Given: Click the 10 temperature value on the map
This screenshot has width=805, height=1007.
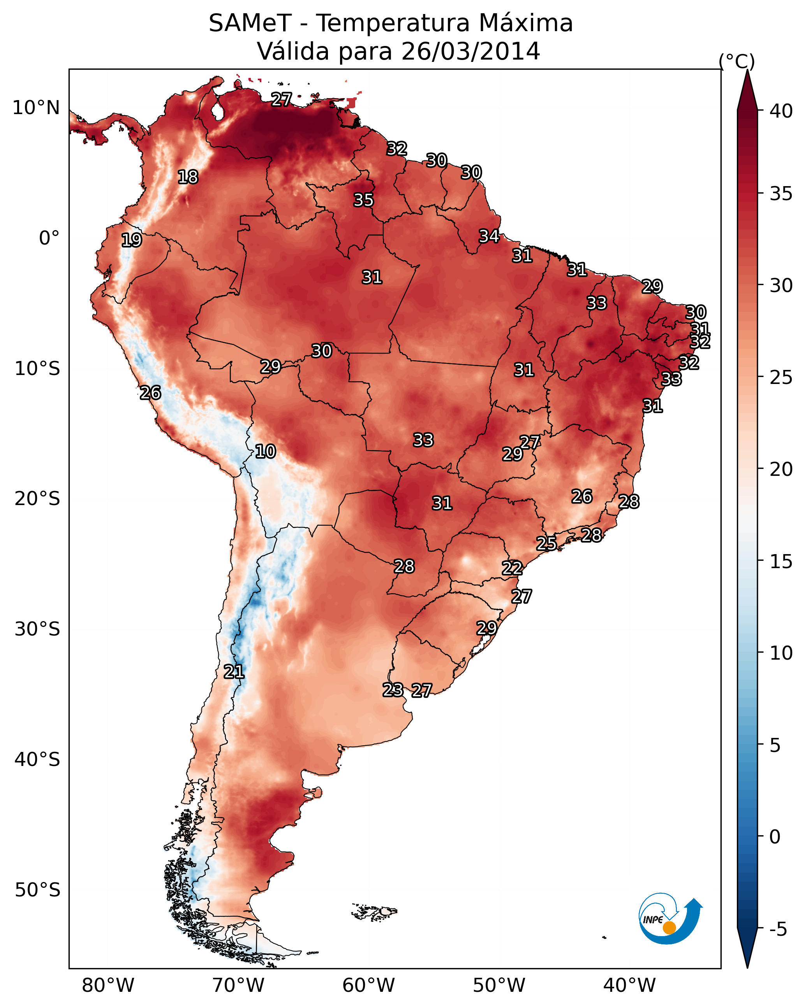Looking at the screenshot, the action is [x=265, y=451].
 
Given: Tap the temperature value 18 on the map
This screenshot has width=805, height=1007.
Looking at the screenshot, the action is [x=188, y=177].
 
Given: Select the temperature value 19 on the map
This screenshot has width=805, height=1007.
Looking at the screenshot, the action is [x=131, y=240].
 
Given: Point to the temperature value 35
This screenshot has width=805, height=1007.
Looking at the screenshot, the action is [x=363, y=200].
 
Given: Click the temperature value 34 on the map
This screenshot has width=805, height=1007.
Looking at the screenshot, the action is [x=489, y=236].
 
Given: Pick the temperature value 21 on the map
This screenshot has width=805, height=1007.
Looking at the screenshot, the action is [x=234, y=672].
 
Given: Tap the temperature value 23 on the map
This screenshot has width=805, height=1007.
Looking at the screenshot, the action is [x=393, y=689].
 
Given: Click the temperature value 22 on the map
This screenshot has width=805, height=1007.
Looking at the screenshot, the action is [x=512, y=568].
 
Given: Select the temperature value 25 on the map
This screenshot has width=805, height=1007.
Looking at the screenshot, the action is [x=546, y=543].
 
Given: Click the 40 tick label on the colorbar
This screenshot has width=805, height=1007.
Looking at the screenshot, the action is [x=781, y=111].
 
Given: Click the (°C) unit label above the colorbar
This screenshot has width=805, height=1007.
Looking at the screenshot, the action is [x=737, y=61].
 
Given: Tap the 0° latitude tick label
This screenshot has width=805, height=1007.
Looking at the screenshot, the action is [x=49, y=238].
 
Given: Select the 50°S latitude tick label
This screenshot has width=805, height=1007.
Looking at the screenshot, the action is [x=37, y=890].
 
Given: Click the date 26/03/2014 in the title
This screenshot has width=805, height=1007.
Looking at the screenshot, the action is [x=470, y=51].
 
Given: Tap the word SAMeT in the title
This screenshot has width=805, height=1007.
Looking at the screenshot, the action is [x=250, y=23].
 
